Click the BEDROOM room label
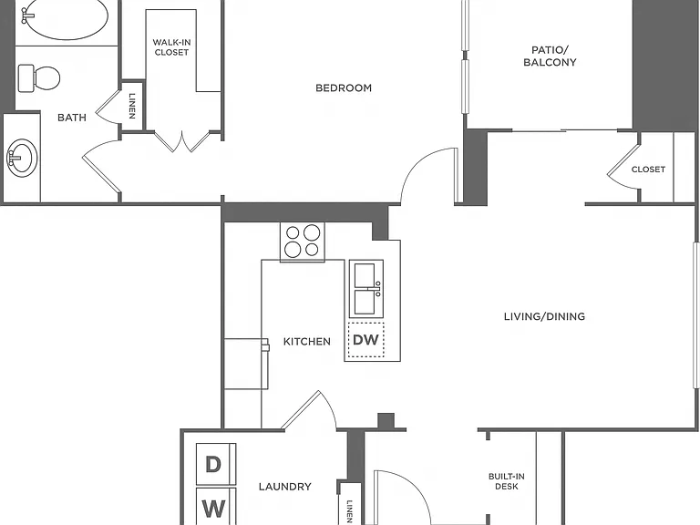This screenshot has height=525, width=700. pyautogui.click(x=344, y=87)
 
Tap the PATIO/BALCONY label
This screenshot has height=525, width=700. pyautogui.click(x=550, y=57)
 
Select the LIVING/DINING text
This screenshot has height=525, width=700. pyautogui.click(x=544, y=316)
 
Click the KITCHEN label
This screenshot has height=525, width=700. pyautogui.click(x=306, y=342)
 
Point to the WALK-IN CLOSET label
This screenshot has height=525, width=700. pyautogui.click(x=171, y=47)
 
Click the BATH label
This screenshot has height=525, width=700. pyautogui.click(x=72, y=118)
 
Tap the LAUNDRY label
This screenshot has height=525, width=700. pyautogui.click(x=284, y=487)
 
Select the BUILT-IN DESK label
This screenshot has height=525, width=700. pyautogui.click(x=506, y=481)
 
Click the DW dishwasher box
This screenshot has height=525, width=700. pyautogui.click(x=366, y=340)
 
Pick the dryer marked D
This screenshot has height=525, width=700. pyautogui.click(x=216, y=464)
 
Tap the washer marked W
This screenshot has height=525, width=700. pyautogui.click(x=216, y=506)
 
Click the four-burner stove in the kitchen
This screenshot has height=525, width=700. pyautogui.click(x=303, y=242)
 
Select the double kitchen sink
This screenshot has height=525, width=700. pyautogui.click(x=366, y=289)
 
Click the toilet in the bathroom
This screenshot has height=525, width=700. pyautogui.click(x=39, y=77)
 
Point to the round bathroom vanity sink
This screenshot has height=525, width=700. pyautogui.click(x=22, y=158)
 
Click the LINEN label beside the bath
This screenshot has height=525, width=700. pyautogui.click(x=132, y=106)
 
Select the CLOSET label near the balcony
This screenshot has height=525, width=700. pyautogui.click(x=648, y=170)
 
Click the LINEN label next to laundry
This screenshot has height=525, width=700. pyautogui.click(x=350, y=511)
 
